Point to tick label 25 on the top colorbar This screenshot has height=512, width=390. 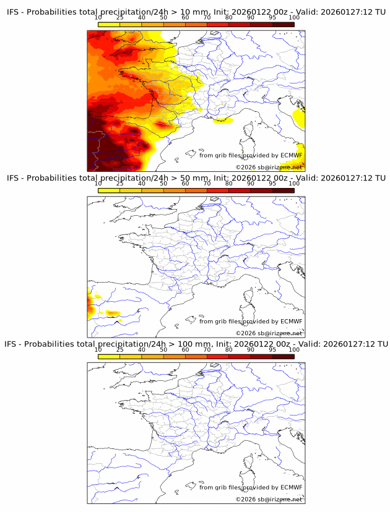pos(120,17)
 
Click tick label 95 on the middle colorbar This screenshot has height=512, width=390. pos(272,184)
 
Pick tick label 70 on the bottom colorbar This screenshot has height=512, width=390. pos(207,349)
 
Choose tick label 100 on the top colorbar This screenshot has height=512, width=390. pos(294,17)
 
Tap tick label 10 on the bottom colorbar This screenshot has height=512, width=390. pos(98,349)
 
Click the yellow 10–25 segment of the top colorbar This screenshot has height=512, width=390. pos(109,23)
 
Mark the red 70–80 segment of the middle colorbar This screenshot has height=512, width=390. pos(218,190)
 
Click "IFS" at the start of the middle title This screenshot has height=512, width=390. pos(14,178)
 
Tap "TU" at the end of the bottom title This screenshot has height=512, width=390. pos(382,344)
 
